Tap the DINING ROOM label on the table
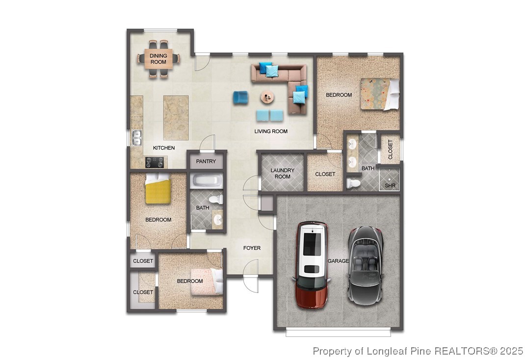(158, 59)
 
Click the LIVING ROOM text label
(271, 131)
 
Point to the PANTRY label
(206, 161)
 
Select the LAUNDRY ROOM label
(282, 174)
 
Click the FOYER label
(252, 248)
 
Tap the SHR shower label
(390, 186)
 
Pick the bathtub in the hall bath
(207, 181)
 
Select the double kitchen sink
(137, 138)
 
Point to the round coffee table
(268, 98)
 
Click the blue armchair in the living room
(240, 97)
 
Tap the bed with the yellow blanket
(157, 190)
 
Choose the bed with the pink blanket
(206, 282)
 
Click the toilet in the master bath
(353, 183)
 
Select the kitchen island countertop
(176, 117)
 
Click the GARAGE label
(338, 261)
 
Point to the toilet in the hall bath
(216, 200)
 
